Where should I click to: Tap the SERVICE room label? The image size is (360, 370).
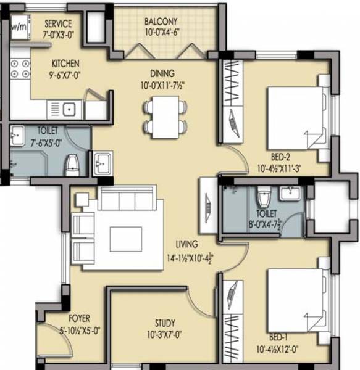click(59, 24)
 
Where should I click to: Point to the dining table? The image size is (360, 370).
click(165, 117)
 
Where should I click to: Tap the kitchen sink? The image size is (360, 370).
click(69, 110)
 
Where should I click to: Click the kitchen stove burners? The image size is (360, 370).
click(19, 69)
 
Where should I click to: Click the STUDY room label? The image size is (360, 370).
click(165, 323)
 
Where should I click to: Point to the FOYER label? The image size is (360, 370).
click(80, 318)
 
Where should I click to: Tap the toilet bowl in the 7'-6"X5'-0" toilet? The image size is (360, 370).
click(72, 163)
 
